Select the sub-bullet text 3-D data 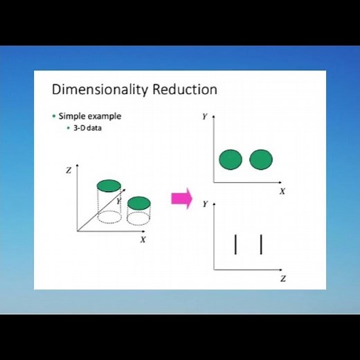pos(87,129)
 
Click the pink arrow pos(181,199)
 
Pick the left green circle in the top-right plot pos(231,160)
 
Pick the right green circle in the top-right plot pos(260,160)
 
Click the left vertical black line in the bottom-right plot pos(236,244)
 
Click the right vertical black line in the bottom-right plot pos(261,244)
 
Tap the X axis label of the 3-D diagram pos(143,240)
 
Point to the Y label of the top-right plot pos(204,117)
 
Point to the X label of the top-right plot pos(282,191)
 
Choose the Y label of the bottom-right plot pos(204,204)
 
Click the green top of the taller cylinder pos(109,185)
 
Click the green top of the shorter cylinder pos(138,202)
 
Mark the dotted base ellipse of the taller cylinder pos(109,217)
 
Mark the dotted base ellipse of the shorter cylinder pos(138,219)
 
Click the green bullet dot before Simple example pos(54,116)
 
